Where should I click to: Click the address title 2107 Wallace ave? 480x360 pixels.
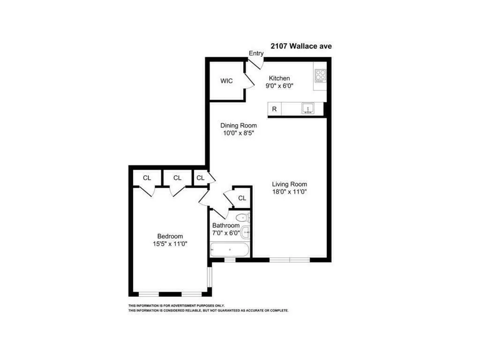coord(301,46)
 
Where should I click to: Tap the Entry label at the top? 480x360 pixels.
coord(256,53)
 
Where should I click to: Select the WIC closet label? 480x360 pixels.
coord(226,81)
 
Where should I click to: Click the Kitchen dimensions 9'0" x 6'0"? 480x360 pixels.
coord(279,86)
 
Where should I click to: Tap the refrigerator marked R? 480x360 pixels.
coord(274,109)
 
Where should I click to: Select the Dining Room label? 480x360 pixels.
coord(239,125)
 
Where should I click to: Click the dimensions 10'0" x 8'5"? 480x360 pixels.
coord(239,133)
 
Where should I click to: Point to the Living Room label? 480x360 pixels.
coord(290,184)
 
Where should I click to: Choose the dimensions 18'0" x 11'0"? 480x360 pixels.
coord(290,191)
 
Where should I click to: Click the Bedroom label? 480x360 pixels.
coord(170,236)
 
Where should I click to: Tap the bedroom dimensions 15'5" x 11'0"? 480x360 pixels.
coord(170,244)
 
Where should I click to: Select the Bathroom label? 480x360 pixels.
coord(226,225)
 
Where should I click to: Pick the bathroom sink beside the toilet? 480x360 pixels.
coord(247,232)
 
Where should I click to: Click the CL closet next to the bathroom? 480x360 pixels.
coord(242,198)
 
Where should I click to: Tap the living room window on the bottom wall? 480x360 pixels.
coord(290,259)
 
